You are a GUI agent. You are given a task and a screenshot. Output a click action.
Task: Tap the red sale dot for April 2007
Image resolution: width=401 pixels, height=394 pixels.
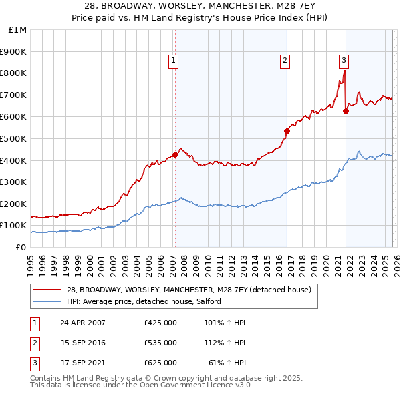(175, 155)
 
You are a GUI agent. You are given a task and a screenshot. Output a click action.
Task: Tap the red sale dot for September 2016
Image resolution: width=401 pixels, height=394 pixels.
(287, 131)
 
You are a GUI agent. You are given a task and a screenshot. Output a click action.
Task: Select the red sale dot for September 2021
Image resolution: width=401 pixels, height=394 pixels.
(346, 112)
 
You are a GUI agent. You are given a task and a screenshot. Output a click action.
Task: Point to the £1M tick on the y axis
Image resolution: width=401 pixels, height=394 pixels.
(17, 30)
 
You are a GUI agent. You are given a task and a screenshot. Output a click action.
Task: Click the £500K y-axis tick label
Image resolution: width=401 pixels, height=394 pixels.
(15, 138)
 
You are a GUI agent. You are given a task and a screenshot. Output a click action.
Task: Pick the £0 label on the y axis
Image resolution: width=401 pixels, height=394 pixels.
(21, 247)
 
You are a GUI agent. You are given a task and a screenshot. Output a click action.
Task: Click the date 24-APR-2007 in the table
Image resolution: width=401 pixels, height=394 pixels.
(83, 323)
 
